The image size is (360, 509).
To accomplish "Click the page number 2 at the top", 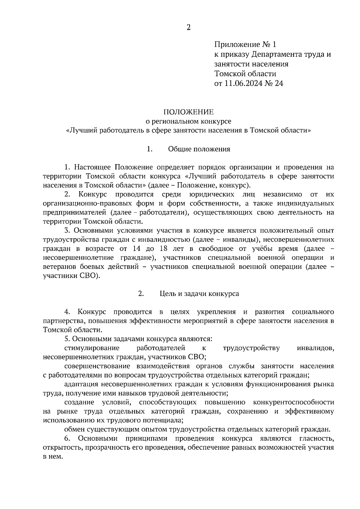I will (188, 28).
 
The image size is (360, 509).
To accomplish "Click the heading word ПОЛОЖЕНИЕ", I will (188, 112).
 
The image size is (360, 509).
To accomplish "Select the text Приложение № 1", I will (245, 45).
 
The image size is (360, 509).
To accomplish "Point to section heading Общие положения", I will (199, 149).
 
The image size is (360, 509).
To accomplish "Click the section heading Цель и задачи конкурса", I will (199, 293).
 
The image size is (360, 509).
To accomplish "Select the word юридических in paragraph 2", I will (212, 195).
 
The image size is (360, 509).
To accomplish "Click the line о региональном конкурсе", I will (188, 121).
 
